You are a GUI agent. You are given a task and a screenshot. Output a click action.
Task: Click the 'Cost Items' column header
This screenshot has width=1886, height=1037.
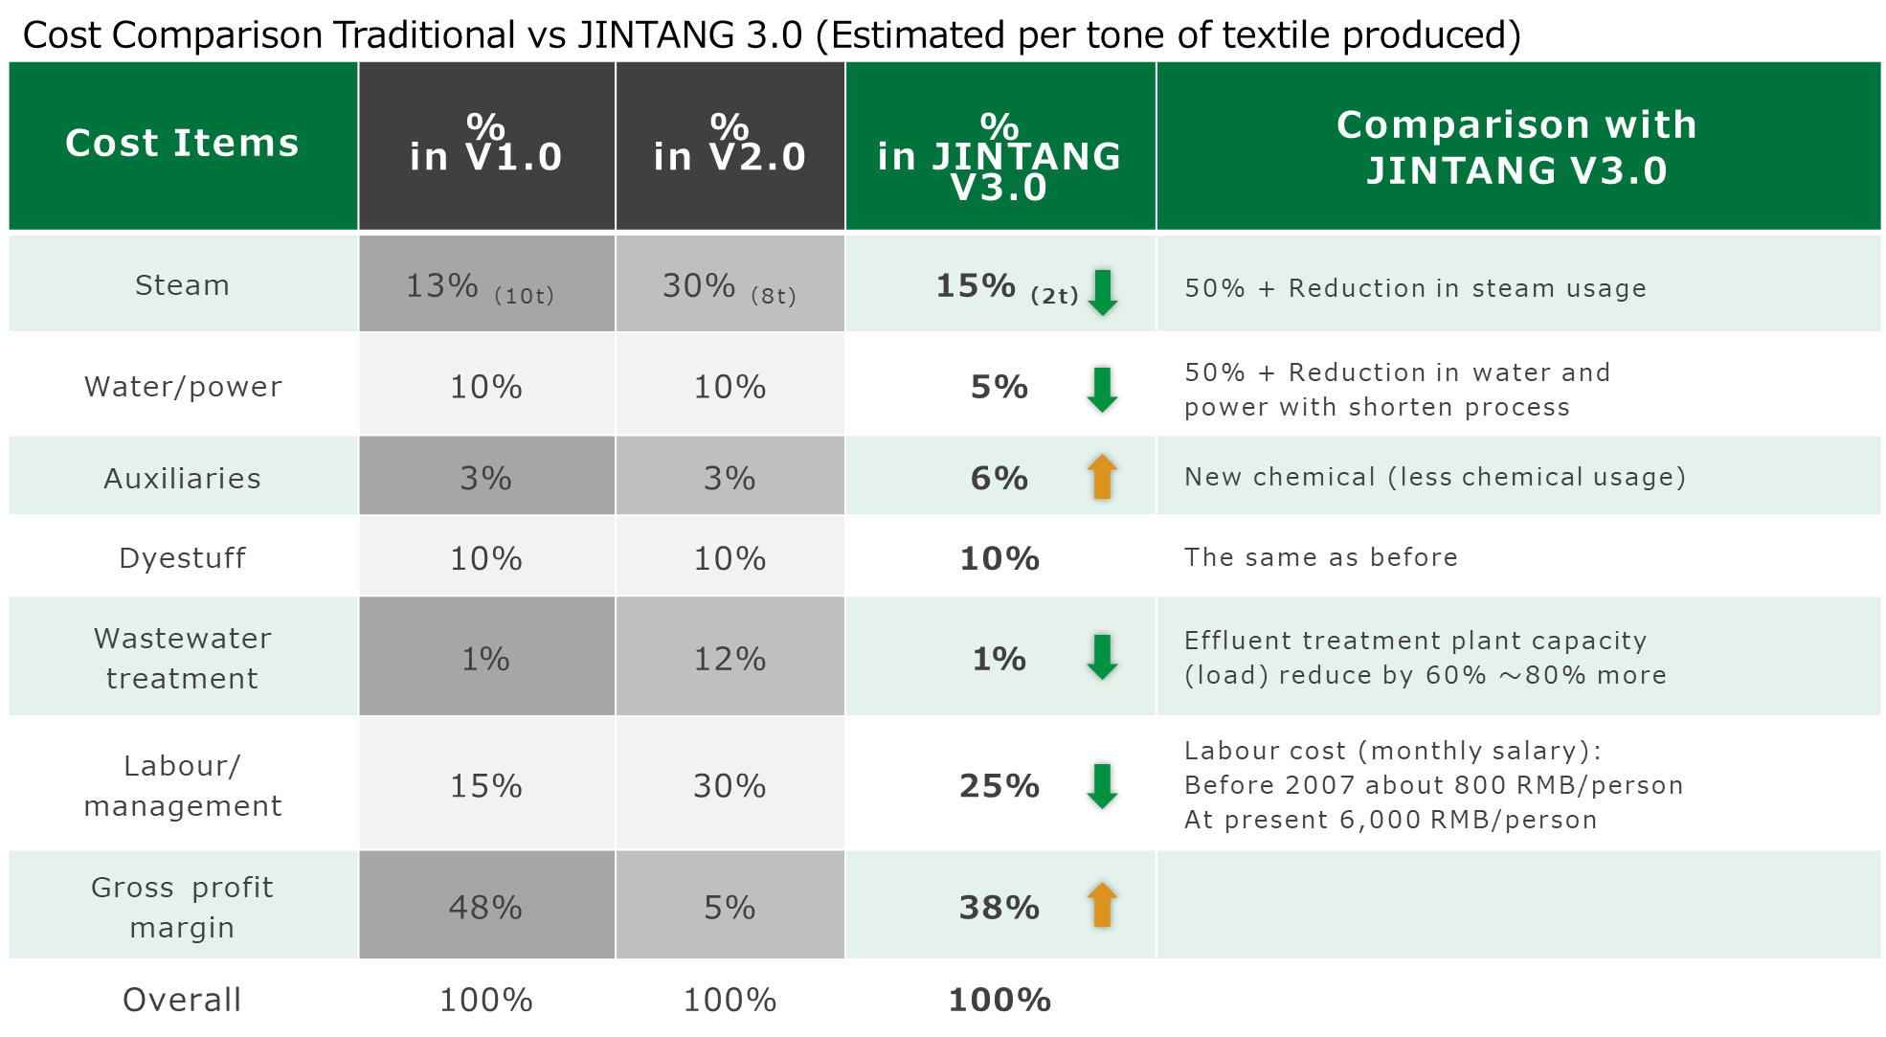click(x=182, y=144)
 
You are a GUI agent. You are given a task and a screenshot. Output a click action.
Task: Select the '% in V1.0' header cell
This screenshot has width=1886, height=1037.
click(x=486, y=144)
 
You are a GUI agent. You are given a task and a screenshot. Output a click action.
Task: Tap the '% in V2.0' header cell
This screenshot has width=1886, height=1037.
click(x=730, y=144)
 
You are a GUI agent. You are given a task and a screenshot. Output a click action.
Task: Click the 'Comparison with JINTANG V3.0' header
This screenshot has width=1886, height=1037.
click(x=1517, y=147)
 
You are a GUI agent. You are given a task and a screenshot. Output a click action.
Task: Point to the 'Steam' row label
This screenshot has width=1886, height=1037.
click(x=182, y=285)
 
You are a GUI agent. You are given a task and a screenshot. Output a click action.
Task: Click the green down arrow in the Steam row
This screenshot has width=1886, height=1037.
click(x=1103, y=292)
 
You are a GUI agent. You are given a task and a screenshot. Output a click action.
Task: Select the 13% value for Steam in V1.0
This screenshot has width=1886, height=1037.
click(x=442, y=285)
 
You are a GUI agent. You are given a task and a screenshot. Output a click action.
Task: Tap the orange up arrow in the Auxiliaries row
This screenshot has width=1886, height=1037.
click(x=1103, y=476)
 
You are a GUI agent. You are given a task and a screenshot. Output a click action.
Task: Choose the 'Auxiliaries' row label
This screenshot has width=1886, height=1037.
click(x=182, y=478)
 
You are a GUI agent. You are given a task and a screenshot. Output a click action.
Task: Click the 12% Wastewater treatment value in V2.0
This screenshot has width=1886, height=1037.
click(x=730, y=659)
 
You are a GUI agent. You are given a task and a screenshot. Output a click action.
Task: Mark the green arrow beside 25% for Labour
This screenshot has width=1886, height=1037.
click(x=1103, y=786)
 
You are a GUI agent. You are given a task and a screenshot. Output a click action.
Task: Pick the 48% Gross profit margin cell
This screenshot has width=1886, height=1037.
click(x=486, y=907)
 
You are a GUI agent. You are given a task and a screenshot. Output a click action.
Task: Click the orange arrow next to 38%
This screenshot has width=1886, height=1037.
click(x=1103, y=905)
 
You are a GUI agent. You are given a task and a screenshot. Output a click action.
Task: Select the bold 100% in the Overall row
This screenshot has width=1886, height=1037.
click(x=999, y=1000)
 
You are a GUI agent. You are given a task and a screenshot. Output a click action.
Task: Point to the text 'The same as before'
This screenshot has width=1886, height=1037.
click(x=1321, y=557)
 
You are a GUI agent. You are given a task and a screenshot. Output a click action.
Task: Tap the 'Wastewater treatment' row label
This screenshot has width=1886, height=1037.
click(x=182, y=658)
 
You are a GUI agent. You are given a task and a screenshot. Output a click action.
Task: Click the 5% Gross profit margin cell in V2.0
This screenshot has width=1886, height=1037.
click(x=730, y=907)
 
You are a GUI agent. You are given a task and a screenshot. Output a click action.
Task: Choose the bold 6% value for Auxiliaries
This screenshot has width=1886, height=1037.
click(x=999, y=478)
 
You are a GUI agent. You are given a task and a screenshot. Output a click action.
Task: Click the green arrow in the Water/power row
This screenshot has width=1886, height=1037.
click(x=1103, y=390)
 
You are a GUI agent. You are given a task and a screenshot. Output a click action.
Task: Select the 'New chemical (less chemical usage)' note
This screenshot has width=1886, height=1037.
click(x=1435, y=477)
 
